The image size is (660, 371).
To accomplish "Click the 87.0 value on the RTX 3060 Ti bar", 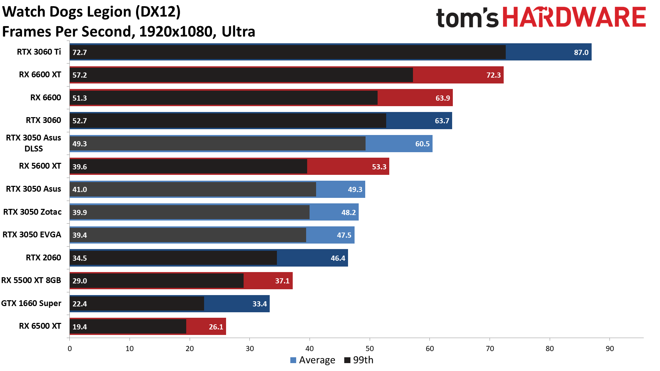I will coord(581,52).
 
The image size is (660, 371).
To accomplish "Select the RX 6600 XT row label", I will coord(40,75).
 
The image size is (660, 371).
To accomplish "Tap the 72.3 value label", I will coord(493,75).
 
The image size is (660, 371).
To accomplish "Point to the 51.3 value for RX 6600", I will coord(79,98).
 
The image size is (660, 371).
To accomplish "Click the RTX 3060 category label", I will coord(43,120).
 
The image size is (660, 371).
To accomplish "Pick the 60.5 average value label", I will coord(422,144).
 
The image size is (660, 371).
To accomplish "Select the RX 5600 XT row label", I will coord(40,166).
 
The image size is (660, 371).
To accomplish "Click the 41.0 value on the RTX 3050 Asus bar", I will coord(79,189).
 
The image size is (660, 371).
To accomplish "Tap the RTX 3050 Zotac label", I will coord(32,212).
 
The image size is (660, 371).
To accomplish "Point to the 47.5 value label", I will coord(344,235).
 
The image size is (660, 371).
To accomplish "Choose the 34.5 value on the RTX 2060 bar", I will coord(79,258).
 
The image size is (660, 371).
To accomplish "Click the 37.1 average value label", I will coord(282,281).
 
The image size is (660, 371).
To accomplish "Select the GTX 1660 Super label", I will coord(31,303).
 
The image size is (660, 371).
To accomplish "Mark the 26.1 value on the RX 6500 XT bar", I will coord(216,327).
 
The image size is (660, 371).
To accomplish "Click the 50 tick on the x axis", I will coord(370,349).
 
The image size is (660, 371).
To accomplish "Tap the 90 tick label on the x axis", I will coord(609,349).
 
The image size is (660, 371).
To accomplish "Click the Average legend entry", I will coord(313,360).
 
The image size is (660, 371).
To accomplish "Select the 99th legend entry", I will coord(359,360).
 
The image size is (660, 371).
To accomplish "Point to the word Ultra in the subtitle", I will coord(238,32).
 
